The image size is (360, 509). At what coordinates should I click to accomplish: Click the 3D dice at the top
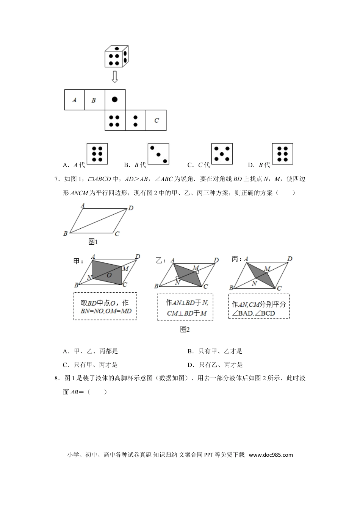point(117,56)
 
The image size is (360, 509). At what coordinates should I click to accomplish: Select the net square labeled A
point(74,100)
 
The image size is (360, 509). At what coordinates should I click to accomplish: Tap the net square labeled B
point(94,100)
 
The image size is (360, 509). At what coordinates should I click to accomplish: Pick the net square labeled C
point(156,120)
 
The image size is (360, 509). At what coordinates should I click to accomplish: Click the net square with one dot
point(115,100)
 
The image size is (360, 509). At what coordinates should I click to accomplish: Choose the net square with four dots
point(115,120)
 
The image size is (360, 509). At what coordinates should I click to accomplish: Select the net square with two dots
point(135,120)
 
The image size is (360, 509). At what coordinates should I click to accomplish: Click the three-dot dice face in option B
point(158,154)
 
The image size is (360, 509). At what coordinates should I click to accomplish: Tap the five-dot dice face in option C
point(222,154)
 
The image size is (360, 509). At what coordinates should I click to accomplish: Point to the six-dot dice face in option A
point(97,154)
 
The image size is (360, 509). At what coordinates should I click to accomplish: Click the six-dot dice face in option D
point(283,154)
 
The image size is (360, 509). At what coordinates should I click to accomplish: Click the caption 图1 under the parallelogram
point(93,242)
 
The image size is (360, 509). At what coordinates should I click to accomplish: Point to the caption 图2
point(185,329)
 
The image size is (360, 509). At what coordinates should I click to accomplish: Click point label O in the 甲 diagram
point(109,275)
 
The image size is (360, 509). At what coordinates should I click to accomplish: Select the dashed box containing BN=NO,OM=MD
point(105,306)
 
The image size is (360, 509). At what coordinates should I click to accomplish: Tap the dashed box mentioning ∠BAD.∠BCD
point(259,306)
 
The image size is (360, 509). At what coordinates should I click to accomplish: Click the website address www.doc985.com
point(271,455)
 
